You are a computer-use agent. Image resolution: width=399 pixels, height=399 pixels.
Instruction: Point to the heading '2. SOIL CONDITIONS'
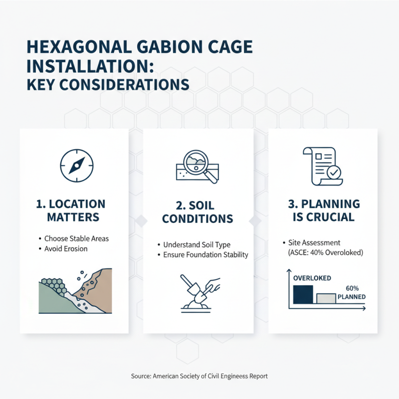(198, 212)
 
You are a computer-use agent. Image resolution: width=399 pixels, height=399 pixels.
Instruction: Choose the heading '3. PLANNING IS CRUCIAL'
(324, 210)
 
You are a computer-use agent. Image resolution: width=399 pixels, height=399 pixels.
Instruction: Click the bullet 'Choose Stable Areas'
(76, 238)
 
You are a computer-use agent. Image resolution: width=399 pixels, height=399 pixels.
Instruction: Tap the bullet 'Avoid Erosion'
(66, 248)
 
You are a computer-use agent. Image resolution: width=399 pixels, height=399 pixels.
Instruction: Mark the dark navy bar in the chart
(303, 294)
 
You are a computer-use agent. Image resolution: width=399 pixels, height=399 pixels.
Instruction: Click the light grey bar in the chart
(326, 298)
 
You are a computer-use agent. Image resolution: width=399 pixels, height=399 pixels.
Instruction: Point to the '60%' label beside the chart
(352, 288)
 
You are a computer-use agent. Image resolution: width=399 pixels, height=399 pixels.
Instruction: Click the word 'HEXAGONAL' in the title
(79, 48)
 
